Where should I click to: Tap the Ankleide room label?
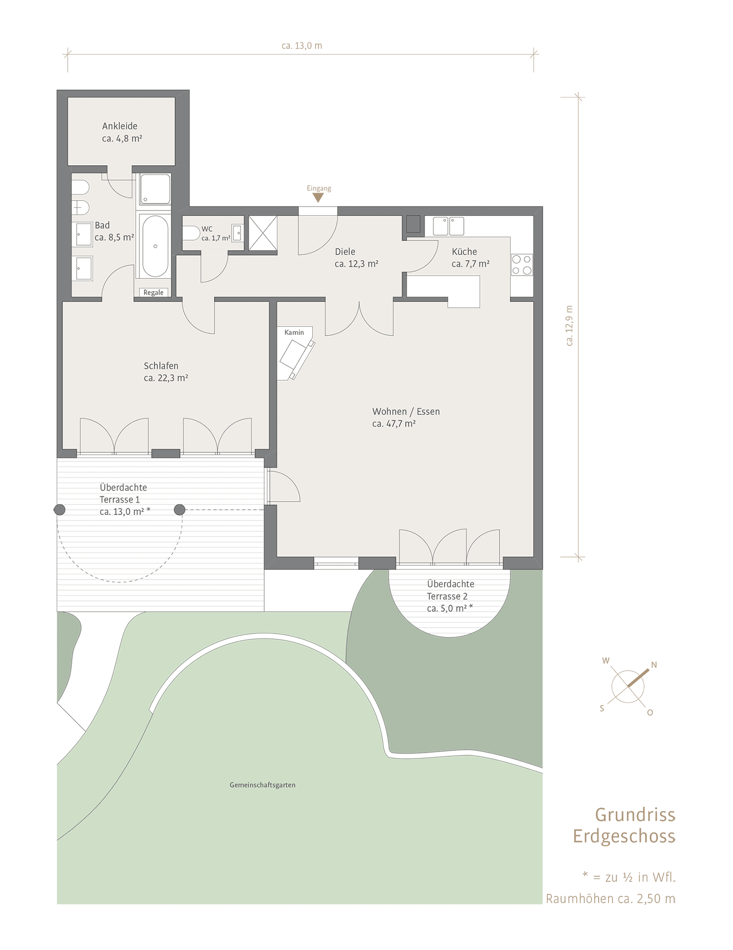click(x=120, y=126)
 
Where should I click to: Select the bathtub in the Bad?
click(x=155, y=246)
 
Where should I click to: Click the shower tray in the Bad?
click(x=155, y=189)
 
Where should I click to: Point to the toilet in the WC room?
click(x=191, y=234)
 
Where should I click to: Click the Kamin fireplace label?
click(x=294, y=332)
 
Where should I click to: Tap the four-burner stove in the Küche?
click(x=522, y=265)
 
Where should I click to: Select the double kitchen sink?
click(x=448, y=226)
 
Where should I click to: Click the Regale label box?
click(x=154, y=292)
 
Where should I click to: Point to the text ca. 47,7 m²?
click(x=394, y=424)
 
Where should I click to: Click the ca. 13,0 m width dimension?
click(x=302, y=46)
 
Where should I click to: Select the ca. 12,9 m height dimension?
click(x=570, y=325)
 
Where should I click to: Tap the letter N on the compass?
click(x=654, y=665)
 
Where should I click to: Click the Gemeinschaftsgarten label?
click(x=262, y=785)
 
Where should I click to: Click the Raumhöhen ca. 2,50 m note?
click(x=610, y=899)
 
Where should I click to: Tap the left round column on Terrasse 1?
click(x=60, y=509)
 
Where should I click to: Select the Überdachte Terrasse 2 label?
click(x=450, y=590)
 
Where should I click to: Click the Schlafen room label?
click(x=161, y=366)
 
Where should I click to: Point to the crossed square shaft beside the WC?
click(x=263, y=233)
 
